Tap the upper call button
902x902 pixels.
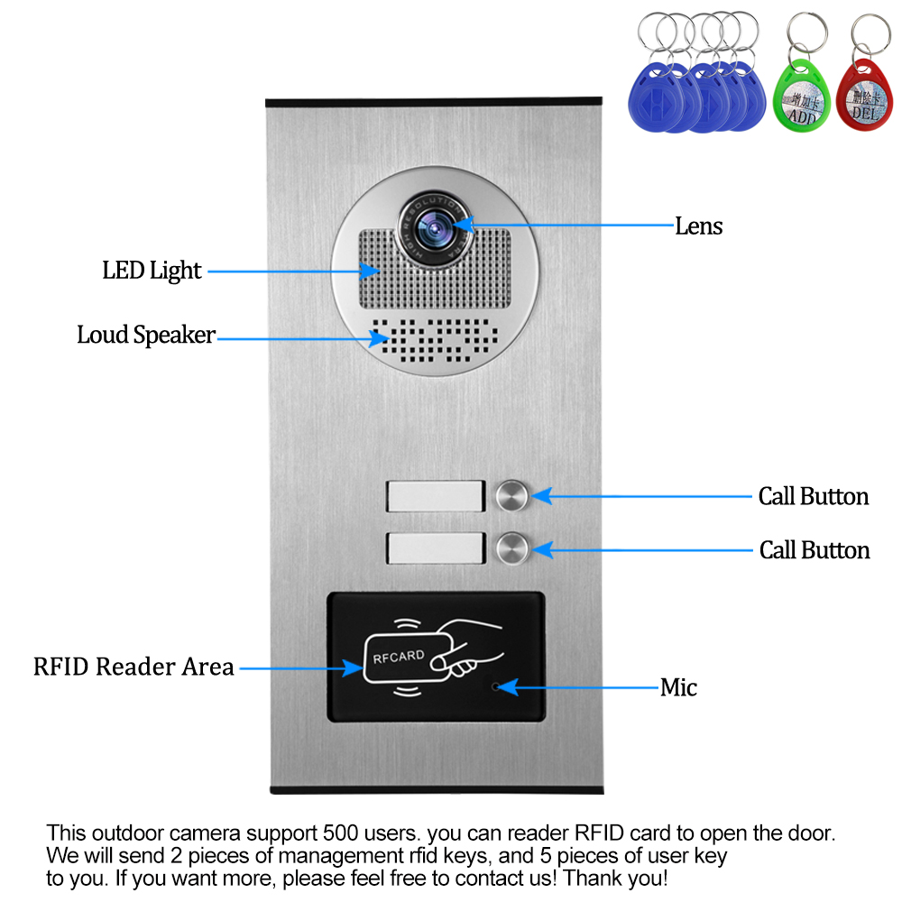point(511,495)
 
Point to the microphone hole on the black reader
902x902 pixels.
point(493,686)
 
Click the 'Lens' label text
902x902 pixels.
point(698,225)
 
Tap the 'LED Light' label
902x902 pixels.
point(152,270)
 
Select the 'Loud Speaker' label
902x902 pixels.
point(146,336)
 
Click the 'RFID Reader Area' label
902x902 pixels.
point(133,667)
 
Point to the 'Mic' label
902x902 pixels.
point(678,688)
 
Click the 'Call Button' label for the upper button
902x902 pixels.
point(813,496)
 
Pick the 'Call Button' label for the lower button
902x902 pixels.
point(815,550)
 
